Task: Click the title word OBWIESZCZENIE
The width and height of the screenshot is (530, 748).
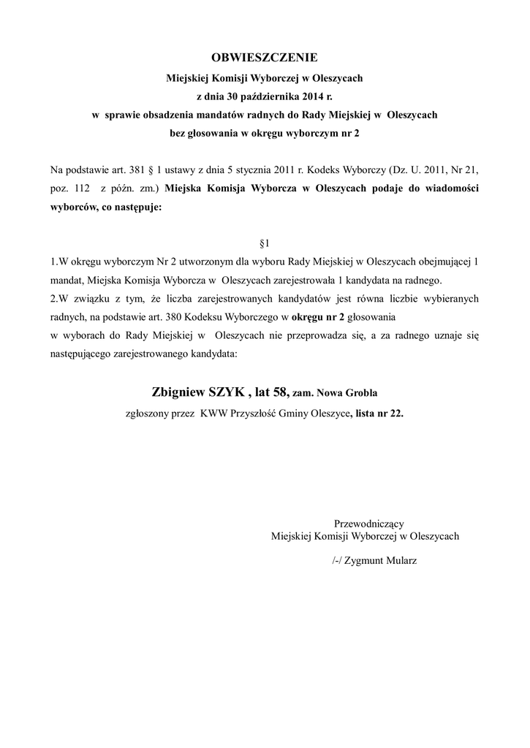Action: [x=265, y=57]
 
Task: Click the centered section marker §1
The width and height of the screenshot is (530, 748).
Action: [x=265, y=242]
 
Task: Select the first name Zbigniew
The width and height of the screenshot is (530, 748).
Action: [x=182, y=392]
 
